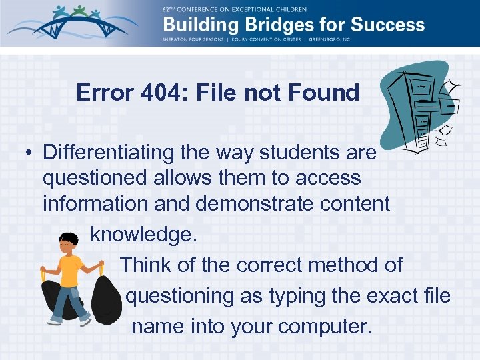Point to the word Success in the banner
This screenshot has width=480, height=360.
click(387, 25)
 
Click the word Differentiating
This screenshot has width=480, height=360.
click(109, 153)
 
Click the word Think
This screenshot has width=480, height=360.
click(146, 265)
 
